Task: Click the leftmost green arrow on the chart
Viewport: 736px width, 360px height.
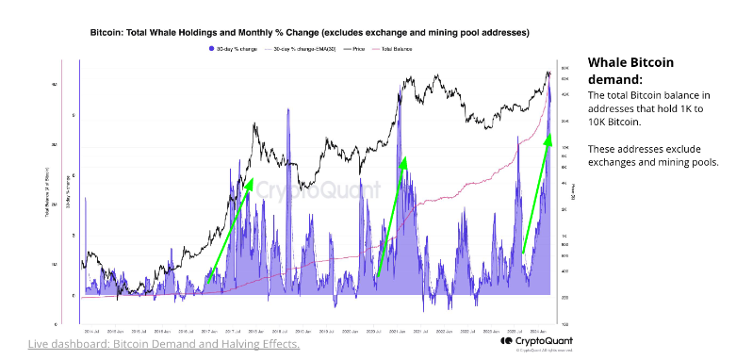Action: (229, 226)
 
